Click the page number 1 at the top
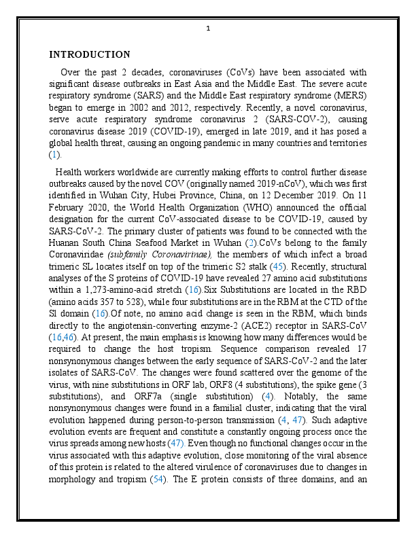[208, 29]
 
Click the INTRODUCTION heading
[90, 54]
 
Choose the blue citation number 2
[251, 243]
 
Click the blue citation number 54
[157, 479]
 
